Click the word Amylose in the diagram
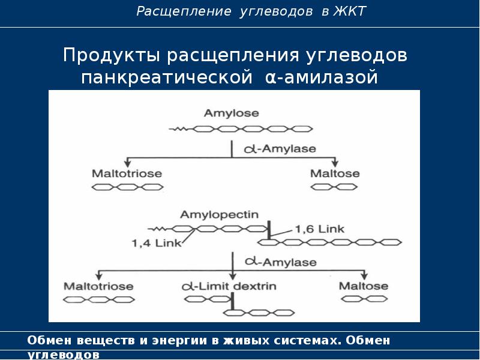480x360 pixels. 231,113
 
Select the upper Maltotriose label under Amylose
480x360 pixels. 127,173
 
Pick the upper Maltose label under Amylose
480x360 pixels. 335,173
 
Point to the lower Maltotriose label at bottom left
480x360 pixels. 98,286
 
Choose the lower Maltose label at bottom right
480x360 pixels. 364,286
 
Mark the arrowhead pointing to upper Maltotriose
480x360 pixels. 127,163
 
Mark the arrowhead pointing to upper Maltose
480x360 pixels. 335,163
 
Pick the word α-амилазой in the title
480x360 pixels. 322,77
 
